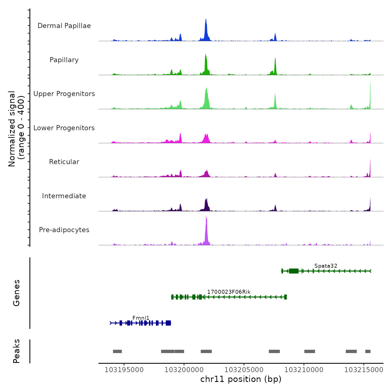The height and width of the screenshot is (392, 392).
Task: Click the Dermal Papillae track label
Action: coord(64,26)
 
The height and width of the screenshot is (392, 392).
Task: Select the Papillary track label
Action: coord(64,60)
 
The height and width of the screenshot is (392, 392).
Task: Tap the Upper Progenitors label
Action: coord(64,94)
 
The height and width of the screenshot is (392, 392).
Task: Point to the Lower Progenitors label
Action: coord(64,128)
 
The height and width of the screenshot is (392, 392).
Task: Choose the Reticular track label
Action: coord(64,162)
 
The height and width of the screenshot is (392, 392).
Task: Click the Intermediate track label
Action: coord(64,196)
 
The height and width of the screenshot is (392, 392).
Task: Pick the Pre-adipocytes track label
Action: coord(64,230)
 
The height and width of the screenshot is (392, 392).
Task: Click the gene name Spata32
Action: coord(326,266)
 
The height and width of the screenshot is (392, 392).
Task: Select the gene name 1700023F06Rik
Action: coord(229,292)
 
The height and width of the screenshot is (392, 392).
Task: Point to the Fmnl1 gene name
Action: coord(141,318)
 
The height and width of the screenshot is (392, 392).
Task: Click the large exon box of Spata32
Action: coord(293,271)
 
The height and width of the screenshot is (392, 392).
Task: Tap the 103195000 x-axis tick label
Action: coord(124,370)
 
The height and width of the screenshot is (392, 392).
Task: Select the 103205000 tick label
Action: coord(244,370)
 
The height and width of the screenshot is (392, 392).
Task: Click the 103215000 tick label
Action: coord(363,370)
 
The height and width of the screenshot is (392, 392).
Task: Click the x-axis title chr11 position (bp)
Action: coord(241,379)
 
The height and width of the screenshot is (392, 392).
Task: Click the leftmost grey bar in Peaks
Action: coord(117,351)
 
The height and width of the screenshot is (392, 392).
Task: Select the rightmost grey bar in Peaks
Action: coord(368,351)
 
